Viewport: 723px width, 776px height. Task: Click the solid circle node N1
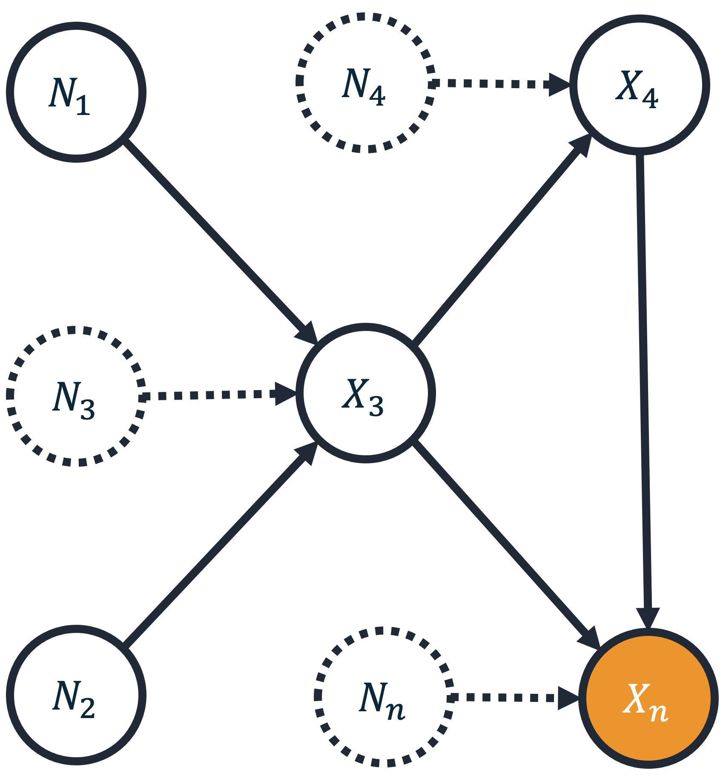(76, 92)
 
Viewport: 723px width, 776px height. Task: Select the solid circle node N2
(76, 696)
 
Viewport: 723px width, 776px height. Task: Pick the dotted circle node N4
(366, 83)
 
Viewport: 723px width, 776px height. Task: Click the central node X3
(366, 393)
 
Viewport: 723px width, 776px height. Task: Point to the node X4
(640, 85)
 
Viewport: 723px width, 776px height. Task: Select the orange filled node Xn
(648, 698)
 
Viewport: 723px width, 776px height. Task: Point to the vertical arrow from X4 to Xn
(644, 383)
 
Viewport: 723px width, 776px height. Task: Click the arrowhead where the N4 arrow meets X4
(559, 85)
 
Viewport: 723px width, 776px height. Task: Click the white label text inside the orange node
(646, 701)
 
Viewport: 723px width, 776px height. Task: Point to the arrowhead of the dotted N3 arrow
(285, 394)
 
